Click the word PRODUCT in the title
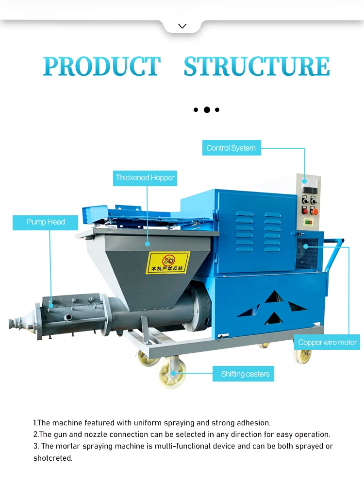point(101,67)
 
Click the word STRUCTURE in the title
point(257,67)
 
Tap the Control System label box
point(231,148)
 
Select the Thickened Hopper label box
point(145,178)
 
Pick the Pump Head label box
point(46,222)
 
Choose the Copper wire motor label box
point(327,343)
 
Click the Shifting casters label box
point(245,374)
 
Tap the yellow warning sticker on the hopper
point(168,262)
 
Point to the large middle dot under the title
point(207,110)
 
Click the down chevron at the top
point(182,26)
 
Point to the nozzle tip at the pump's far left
point(15,322)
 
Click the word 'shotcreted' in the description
point(52,458)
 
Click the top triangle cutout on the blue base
point(274,297)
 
